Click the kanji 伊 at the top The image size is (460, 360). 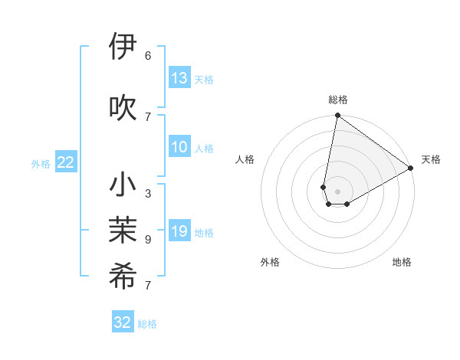click(x=123, y=47)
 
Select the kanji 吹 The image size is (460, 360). click(x=123, y=108)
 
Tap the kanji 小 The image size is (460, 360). click(x=123, y=186)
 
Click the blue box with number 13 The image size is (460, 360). click(x=179, y=77)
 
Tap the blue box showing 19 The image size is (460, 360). click(x=179, y=231)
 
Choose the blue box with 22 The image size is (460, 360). click(x=66, y=162)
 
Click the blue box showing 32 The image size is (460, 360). click(x=123, y=322)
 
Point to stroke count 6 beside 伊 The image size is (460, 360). click(x=148, y=55)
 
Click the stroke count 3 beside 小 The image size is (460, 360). click(x=148, y=194)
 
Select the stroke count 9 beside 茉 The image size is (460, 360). click(x=148, y=240)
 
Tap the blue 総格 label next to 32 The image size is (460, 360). click(x=147, y=324)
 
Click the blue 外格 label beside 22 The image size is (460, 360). click(x=41, y=163)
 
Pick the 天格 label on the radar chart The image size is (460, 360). click(x=431, y=159)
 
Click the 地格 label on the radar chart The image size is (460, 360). click(x=402, y=262)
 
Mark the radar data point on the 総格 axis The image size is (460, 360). click(x=337, y=116)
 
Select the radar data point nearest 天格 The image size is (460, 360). click(x=410, y=168)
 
